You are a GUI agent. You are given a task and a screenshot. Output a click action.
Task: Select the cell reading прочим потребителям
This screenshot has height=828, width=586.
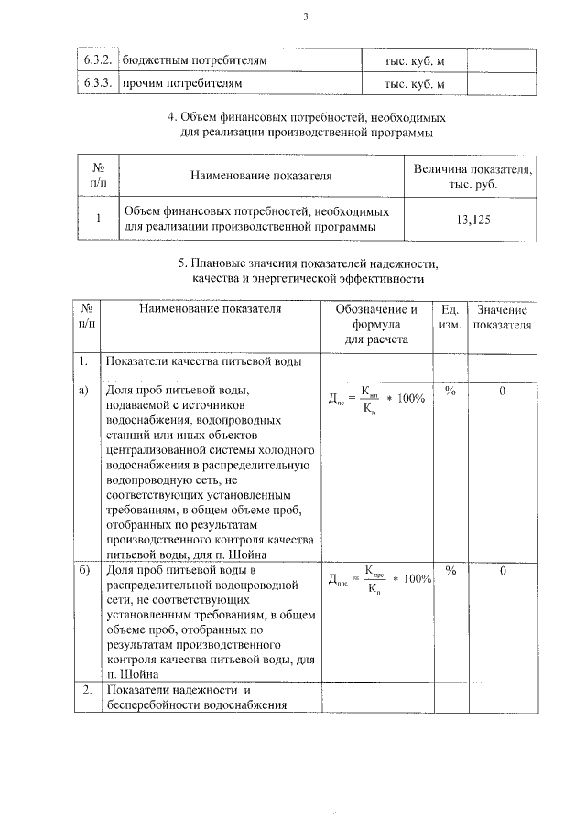pyautogui.click(x=182, y=84)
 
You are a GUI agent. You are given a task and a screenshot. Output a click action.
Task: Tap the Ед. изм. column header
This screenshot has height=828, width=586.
pyautogui.click(x=450, y=317)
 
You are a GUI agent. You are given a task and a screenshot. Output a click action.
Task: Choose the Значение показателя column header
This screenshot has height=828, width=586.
pyautogui.click(x=503, y=317)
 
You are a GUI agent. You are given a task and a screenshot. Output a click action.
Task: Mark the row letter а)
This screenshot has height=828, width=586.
pyautogui.click(x=84, y=391)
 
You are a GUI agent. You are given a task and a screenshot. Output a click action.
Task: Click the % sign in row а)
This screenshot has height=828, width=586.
pyautogui.click(x=450, y=391)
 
